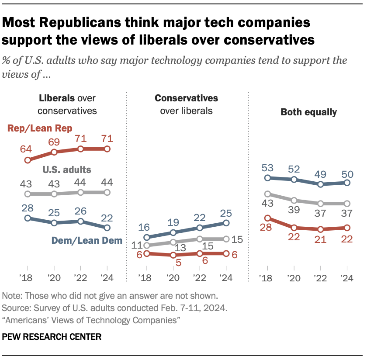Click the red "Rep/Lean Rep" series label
[40, 128]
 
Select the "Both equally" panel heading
[308, 112]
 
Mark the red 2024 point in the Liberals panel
[107, 149]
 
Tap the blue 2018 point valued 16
[147, 237]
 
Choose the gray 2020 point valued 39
[294, 200]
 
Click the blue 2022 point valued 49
[321, 184]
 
